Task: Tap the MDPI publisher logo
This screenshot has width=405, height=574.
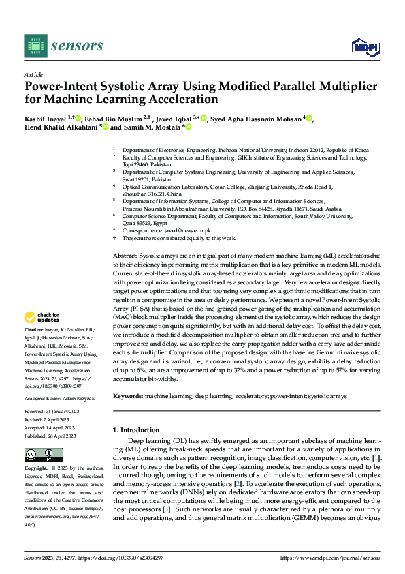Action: click(365, 46)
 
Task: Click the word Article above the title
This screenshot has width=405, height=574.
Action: click(33, 74)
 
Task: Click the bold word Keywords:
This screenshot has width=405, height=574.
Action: click(128, 396)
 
